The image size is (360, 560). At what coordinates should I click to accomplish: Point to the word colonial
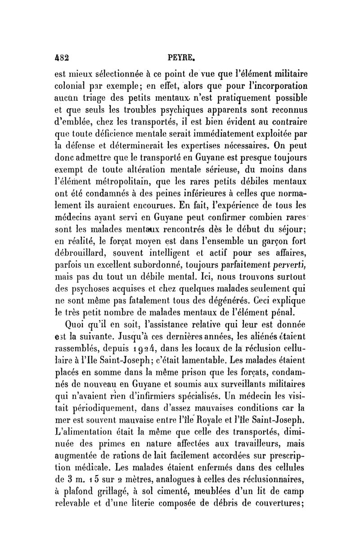[70, 86]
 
